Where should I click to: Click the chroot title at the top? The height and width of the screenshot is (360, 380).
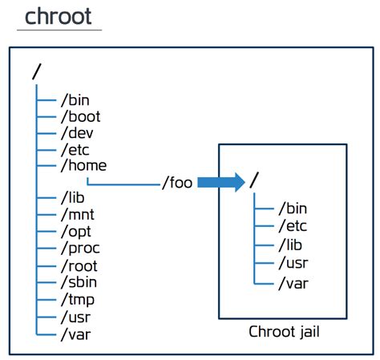pos(59,16)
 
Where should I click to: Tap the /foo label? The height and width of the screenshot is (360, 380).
pos(176,183)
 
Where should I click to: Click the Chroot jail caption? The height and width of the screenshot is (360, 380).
pos(282,331)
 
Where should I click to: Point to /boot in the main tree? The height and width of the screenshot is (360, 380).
pos(81,116)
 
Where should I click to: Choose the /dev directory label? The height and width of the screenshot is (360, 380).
pos(78,133)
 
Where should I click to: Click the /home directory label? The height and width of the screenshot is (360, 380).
pos(83,166)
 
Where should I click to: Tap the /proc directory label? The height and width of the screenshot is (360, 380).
pos(80,248)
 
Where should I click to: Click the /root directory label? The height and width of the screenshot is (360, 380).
pos(80,265)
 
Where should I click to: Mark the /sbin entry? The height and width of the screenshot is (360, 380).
pos(80,281)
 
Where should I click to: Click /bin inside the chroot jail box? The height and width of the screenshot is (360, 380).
pos(292,208)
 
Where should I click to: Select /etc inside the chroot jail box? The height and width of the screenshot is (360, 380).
pos(292,227)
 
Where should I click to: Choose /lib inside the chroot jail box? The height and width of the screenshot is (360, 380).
pos(290,245)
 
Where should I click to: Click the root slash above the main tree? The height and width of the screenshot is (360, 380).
pos(35,71)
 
